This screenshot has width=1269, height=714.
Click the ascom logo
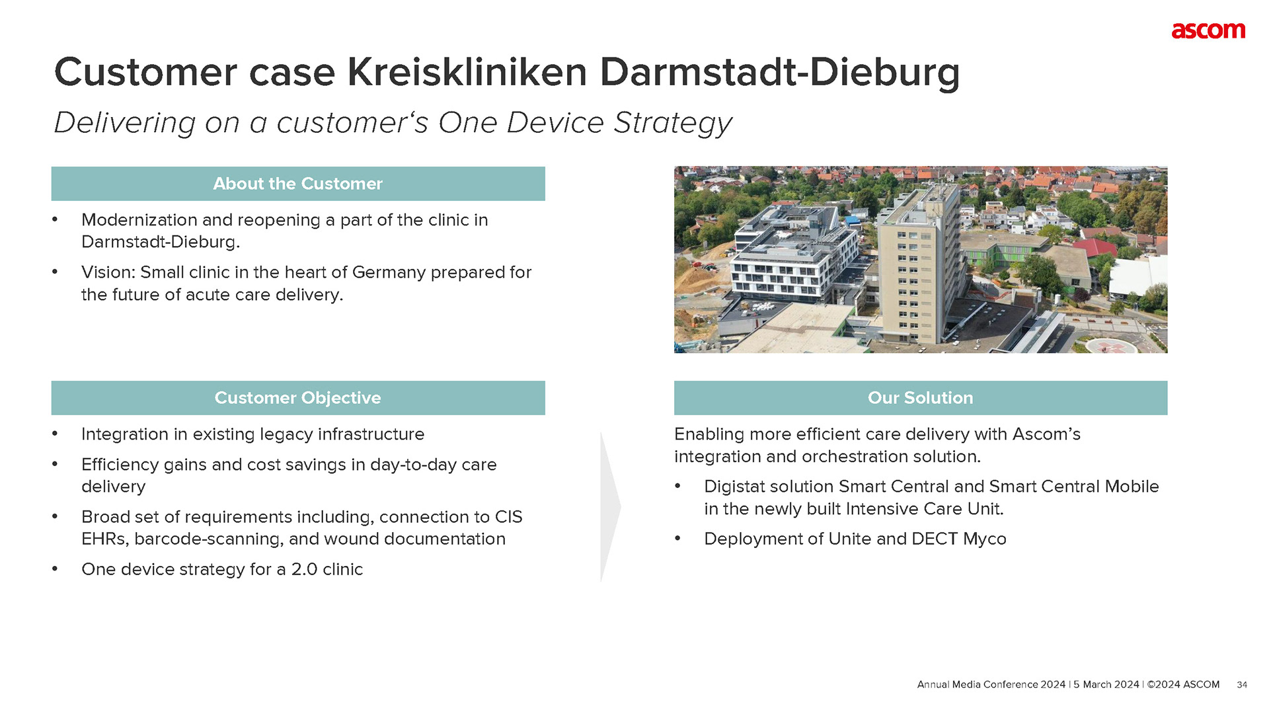tap(1208, 31)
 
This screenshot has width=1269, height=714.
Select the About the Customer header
tap(298, 184)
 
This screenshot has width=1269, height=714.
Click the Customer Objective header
tap(298, 398)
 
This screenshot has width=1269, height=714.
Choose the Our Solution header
tap(921, 398)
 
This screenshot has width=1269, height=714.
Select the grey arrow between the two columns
tap(610, 507)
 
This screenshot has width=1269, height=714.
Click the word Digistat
tap(734, 487)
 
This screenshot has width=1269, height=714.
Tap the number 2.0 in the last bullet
tap(304, 570)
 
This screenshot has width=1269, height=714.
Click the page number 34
tap(1242, 685)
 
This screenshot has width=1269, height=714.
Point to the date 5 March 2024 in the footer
tap(1106, 685)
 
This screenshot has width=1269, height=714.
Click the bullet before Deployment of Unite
tap(677, 539)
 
